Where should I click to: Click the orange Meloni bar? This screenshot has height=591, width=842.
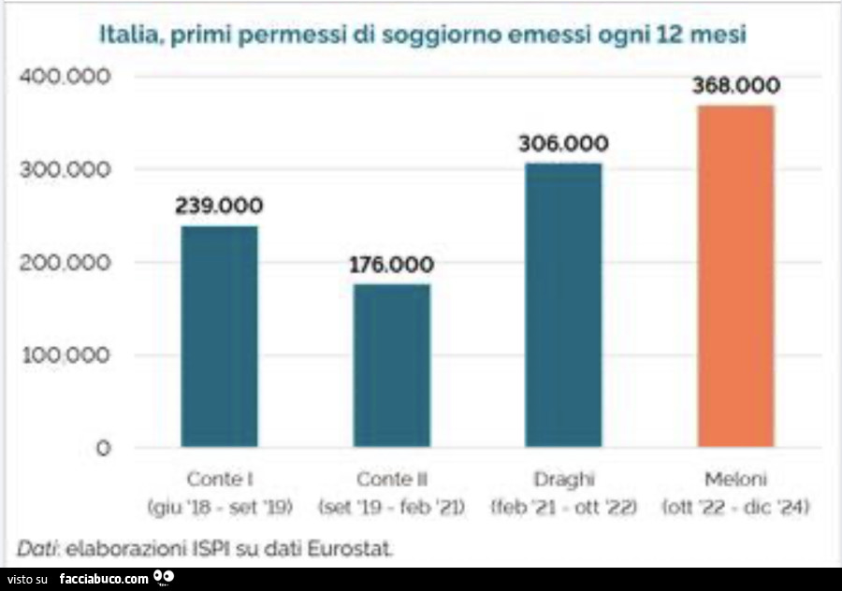[735, 276]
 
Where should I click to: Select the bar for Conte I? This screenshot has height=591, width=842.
[219, 337]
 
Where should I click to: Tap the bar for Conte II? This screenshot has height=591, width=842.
[391, 366]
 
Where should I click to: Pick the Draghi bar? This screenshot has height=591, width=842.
[563, 305]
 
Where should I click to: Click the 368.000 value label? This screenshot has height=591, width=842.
[735, 86]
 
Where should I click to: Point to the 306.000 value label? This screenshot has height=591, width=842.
[563, 144]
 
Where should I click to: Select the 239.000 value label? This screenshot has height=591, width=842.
[219, 206]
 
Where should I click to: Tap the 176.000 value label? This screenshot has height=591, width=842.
[391, 265]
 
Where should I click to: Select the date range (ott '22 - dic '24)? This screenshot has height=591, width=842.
[735, 508]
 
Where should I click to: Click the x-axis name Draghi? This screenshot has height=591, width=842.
[563, 480]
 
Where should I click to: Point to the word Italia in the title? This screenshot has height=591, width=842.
[131, 36]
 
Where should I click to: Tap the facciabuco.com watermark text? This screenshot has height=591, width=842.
[104, 579]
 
